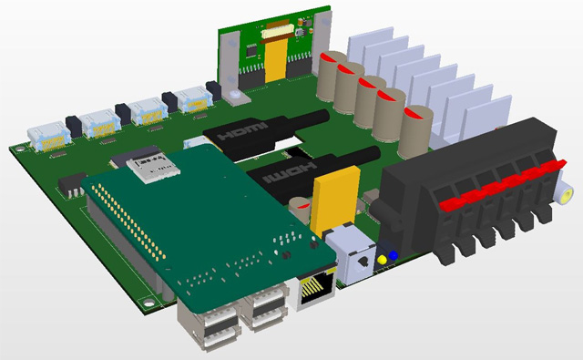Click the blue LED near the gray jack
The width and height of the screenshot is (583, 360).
pyautogui.click(x=393, y=255)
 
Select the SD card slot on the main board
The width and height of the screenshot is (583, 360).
pyautogui.click(x=149, y=163)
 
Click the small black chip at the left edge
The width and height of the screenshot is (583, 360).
pyautogui.click(x=69, y=184)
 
